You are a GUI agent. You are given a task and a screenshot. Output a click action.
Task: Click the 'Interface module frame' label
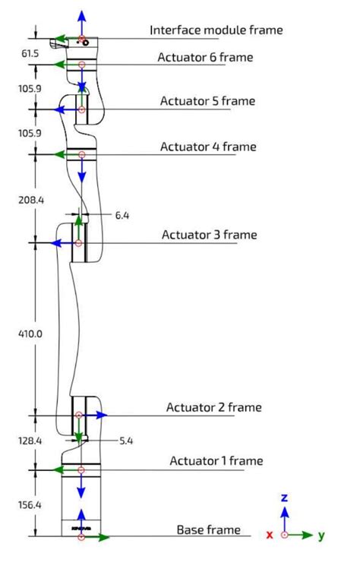pyautogui.click(x=216, y=30)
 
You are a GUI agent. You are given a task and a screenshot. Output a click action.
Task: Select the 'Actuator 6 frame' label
pyautogui.click(x=205, y=57)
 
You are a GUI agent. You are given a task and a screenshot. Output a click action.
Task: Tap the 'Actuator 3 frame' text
pyautogui.click(x=210, y=235)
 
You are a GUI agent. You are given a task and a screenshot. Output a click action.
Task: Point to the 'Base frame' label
pyautogui.click(x=209, y=529)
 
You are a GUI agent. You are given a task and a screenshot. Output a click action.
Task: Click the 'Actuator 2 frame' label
pyautogui.click(x=214, y=407)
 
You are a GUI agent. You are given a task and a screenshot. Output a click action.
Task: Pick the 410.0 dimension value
pyautogui.click(x=30, y=333)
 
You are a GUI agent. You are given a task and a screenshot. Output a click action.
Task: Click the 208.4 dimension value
pyautogui.click(x=31, y=200)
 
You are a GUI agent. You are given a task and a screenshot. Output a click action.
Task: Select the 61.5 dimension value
pyautogui.click(x=30, y=54)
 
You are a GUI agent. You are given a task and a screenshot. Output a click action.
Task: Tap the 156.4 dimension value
pyautogui.click(x=30, y=505)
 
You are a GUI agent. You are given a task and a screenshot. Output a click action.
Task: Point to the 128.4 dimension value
pyautogui.click(x=30, y=441)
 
